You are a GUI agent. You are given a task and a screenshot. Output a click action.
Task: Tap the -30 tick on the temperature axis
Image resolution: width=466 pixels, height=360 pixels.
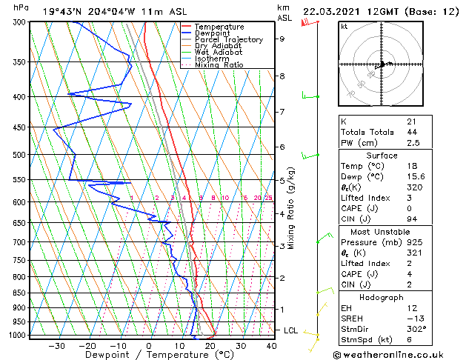tap(56, 346)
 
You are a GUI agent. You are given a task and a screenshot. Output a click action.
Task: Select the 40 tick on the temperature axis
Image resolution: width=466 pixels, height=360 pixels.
tap(271, 346)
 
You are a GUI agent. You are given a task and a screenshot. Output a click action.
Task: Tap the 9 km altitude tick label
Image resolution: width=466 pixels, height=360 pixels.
tap(282, 39)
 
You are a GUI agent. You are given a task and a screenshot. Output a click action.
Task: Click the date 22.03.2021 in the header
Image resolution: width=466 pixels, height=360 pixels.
tap(334, 11)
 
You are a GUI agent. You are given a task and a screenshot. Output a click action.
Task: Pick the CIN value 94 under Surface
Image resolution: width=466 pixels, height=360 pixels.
tap(411, 219)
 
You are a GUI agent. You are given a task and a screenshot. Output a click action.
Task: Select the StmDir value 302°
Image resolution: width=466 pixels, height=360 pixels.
tap(416, 329)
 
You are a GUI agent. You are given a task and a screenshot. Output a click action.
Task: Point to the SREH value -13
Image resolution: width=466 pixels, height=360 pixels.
tap(413, 319)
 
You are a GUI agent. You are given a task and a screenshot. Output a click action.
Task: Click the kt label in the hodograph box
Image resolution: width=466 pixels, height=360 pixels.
tap(344, 26)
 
